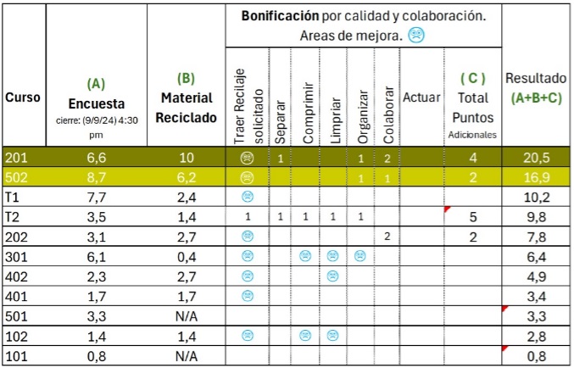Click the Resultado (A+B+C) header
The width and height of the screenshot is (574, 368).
coord(536,88)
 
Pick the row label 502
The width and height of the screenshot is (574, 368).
coord(16,177)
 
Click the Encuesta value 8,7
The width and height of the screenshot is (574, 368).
coord(96,177)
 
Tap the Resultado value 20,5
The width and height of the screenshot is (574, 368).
coord(536,158)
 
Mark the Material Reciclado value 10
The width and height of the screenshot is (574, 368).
coord(187,158)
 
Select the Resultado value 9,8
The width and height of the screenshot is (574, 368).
coord(536,216)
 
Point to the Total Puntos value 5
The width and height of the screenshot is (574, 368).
coord(473,216)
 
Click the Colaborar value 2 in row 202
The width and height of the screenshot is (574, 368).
coord(387,236)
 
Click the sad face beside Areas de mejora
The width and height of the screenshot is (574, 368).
coord(416,36)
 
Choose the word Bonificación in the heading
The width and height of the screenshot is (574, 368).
coord(280,16)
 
